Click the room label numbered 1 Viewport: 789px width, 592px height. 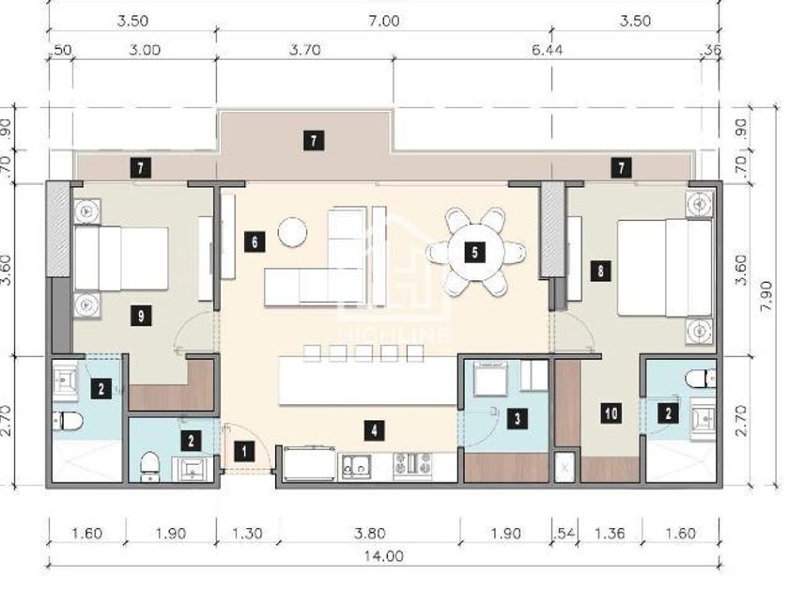tap(244, 451)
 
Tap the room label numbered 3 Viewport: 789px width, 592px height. tap(517, 418)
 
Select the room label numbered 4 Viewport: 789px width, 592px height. tap(374, 431)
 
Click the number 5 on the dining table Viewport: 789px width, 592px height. tap(474, 252)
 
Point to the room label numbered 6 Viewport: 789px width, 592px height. tap(255, 242)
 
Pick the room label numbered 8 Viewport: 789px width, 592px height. tap(600, 272)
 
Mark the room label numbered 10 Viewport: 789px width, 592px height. tap(611, 413)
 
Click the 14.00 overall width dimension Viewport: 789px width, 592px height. tap(384, 556)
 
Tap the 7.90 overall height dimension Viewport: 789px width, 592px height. tap(766, 296)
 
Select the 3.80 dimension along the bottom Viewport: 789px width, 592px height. tap(370, 533)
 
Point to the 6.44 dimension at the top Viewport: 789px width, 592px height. tap(547, 50)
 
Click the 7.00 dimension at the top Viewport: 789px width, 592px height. tap(384, 21)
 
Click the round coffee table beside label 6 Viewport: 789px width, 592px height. tap(292, 232)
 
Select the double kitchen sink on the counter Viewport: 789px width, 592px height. tap(356, 466)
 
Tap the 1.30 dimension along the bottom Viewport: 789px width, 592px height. tap(247, 533)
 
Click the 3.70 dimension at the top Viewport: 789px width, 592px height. tap(305, 50)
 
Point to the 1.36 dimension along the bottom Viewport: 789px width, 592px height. tap(610, 533)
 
